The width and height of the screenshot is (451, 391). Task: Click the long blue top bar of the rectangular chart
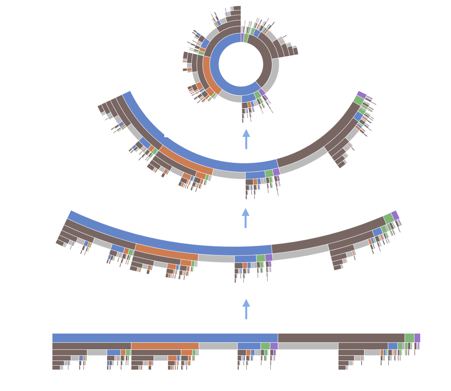165,338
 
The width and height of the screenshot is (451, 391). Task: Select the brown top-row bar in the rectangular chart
341,338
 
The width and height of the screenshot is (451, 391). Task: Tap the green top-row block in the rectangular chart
409,338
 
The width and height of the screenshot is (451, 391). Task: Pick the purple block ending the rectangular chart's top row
417,338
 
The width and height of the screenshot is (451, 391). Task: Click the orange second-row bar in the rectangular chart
165,346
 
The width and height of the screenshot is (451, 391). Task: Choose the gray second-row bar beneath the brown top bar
308,346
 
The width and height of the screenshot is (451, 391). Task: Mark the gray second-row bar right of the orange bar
218,346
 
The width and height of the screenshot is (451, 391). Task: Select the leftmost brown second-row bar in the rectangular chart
92,346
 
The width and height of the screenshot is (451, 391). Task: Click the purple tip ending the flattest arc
395,215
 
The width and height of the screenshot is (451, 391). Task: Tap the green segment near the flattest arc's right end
388,218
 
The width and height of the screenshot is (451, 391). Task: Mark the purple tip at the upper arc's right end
361,94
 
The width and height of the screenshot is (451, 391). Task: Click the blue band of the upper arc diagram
198,155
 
